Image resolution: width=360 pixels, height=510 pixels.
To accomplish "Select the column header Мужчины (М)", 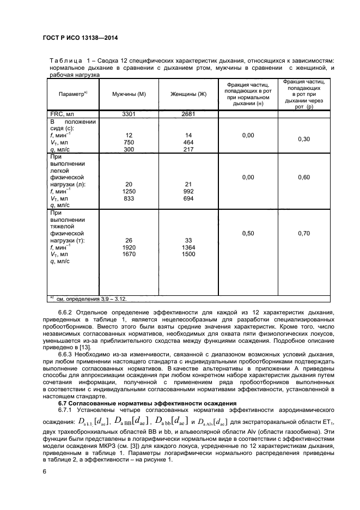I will point(128,94).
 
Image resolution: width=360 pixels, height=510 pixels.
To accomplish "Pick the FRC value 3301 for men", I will point(129,114).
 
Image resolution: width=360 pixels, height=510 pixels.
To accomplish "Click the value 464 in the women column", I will point(189,142).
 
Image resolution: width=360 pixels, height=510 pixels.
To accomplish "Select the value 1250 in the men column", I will point(129,191).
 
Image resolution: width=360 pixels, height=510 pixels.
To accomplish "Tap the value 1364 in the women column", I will point(189,247).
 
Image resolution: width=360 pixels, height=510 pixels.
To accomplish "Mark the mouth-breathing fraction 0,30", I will point(303,139).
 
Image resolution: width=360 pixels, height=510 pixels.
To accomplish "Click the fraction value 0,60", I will point(303,178).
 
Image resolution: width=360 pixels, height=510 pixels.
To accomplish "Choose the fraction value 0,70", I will point(303,233).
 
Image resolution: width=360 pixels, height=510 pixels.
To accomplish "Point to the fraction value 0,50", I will point(248,233).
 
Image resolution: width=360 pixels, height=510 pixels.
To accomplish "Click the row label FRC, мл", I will point(61,114).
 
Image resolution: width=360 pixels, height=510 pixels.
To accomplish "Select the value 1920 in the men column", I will point(129,247).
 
